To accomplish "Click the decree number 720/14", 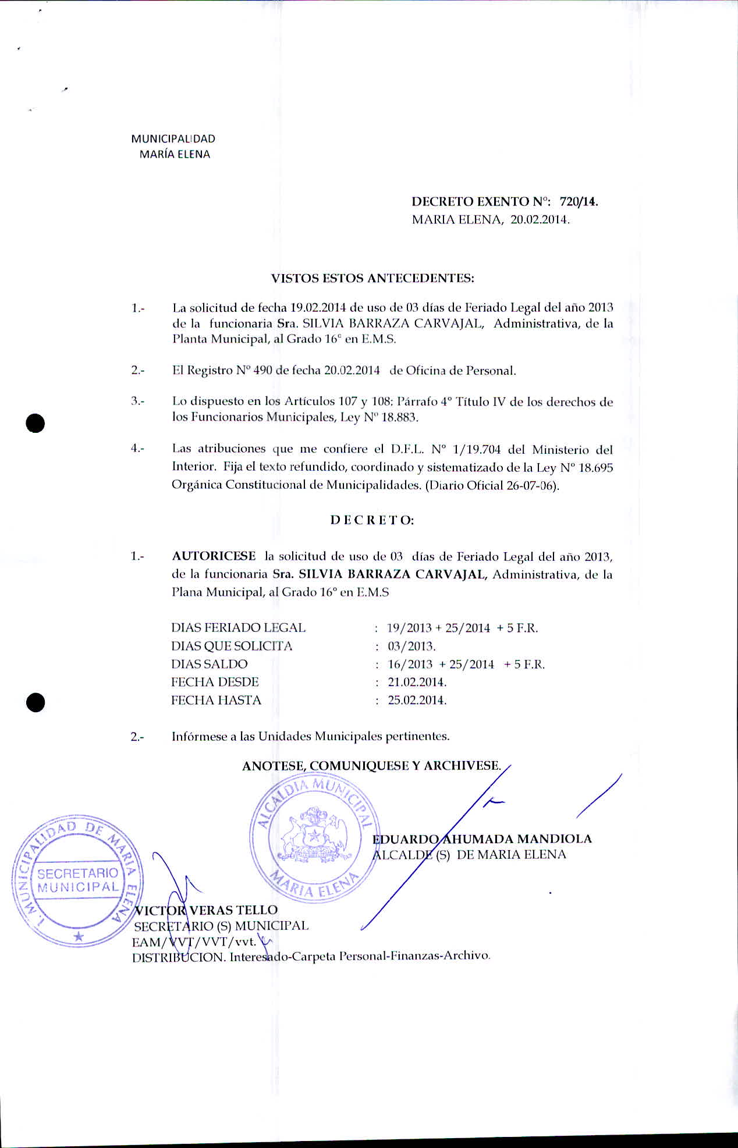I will point(579,202).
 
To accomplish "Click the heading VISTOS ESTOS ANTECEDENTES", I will point(372,278).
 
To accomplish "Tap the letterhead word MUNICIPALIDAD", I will point(173,138).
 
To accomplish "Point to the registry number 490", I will point(262,371).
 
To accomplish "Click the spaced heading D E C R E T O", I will point(372,520).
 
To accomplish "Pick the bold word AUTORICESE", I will point(214,556).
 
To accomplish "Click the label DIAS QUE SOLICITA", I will point(232,646).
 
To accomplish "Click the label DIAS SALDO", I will point(209,664).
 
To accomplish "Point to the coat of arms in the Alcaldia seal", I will point(313,834).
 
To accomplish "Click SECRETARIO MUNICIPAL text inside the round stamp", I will point(78,880).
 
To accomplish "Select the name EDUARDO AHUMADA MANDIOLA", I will point(482,839).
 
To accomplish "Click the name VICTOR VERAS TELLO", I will point(206,910).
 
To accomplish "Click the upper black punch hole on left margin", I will point(36,423).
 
